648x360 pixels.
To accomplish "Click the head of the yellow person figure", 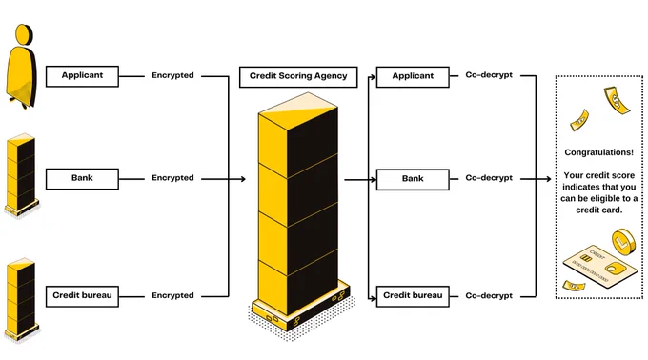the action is tap(24, 34).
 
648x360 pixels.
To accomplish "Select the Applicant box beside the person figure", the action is tap(82, 76).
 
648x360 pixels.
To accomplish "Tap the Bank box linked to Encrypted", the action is tap(82, 179).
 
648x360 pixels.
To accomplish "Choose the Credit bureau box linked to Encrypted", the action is tap(82, 296).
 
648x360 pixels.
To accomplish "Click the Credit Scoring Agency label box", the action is tap(298, 77).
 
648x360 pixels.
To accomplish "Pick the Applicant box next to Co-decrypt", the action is tap(413, 76).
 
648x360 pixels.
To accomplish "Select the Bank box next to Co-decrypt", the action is tap(413, 179).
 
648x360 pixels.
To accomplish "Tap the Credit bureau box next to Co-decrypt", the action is tap(413, 296).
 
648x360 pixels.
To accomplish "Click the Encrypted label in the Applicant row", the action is tap(172, 75).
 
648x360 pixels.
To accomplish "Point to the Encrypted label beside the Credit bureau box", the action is tap(172, 295).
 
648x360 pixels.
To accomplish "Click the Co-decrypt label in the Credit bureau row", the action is tap(489, 295).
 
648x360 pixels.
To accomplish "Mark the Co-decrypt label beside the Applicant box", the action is tap(489, 75).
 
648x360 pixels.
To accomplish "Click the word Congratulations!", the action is tap(598, 152).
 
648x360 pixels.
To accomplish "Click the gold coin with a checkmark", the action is tap(623, 242).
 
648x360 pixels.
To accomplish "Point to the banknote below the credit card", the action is tap(574, 286).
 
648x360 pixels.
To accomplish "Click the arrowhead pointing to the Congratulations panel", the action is tap(548, 179).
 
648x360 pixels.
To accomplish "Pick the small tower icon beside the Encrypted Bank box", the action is tap(22, 175).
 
